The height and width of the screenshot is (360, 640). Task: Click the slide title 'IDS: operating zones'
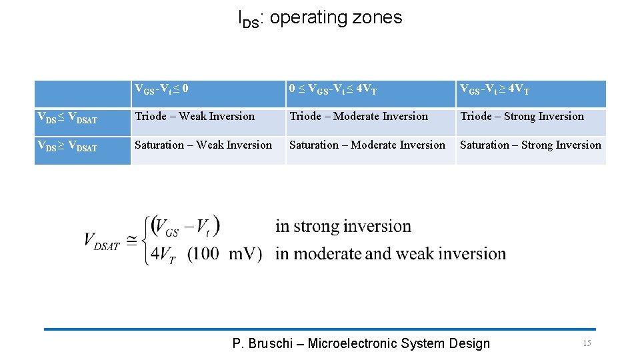click(x=320, y=18)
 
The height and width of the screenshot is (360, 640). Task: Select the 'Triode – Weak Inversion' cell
click(x=195, y=117)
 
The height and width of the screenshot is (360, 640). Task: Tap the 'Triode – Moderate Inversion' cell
click(x=359, y=117)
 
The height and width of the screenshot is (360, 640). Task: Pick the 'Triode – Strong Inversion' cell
click(x=522, y=117)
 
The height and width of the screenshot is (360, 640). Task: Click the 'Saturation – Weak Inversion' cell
click(x=203, y=145)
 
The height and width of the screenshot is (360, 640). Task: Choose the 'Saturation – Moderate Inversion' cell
click(x=367, y=145)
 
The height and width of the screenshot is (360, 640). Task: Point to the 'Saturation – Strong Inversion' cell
click(x=531, y=145)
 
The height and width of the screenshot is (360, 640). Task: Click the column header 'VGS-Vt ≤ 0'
click(x=162, y=89)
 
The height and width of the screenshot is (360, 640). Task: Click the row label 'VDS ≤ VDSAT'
click(x=67, y=119)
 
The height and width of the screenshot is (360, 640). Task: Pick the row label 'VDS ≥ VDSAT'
click(x=67, y=147)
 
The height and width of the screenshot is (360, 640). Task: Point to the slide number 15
click(x=587, y=343)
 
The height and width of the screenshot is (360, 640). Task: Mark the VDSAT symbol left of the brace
click(x=102, y=241)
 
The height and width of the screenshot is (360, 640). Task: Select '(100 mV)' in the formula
click(x=225, y=254)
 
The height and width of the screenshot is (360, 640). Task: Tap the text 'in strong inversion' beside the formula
click(x=343, y=227)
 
